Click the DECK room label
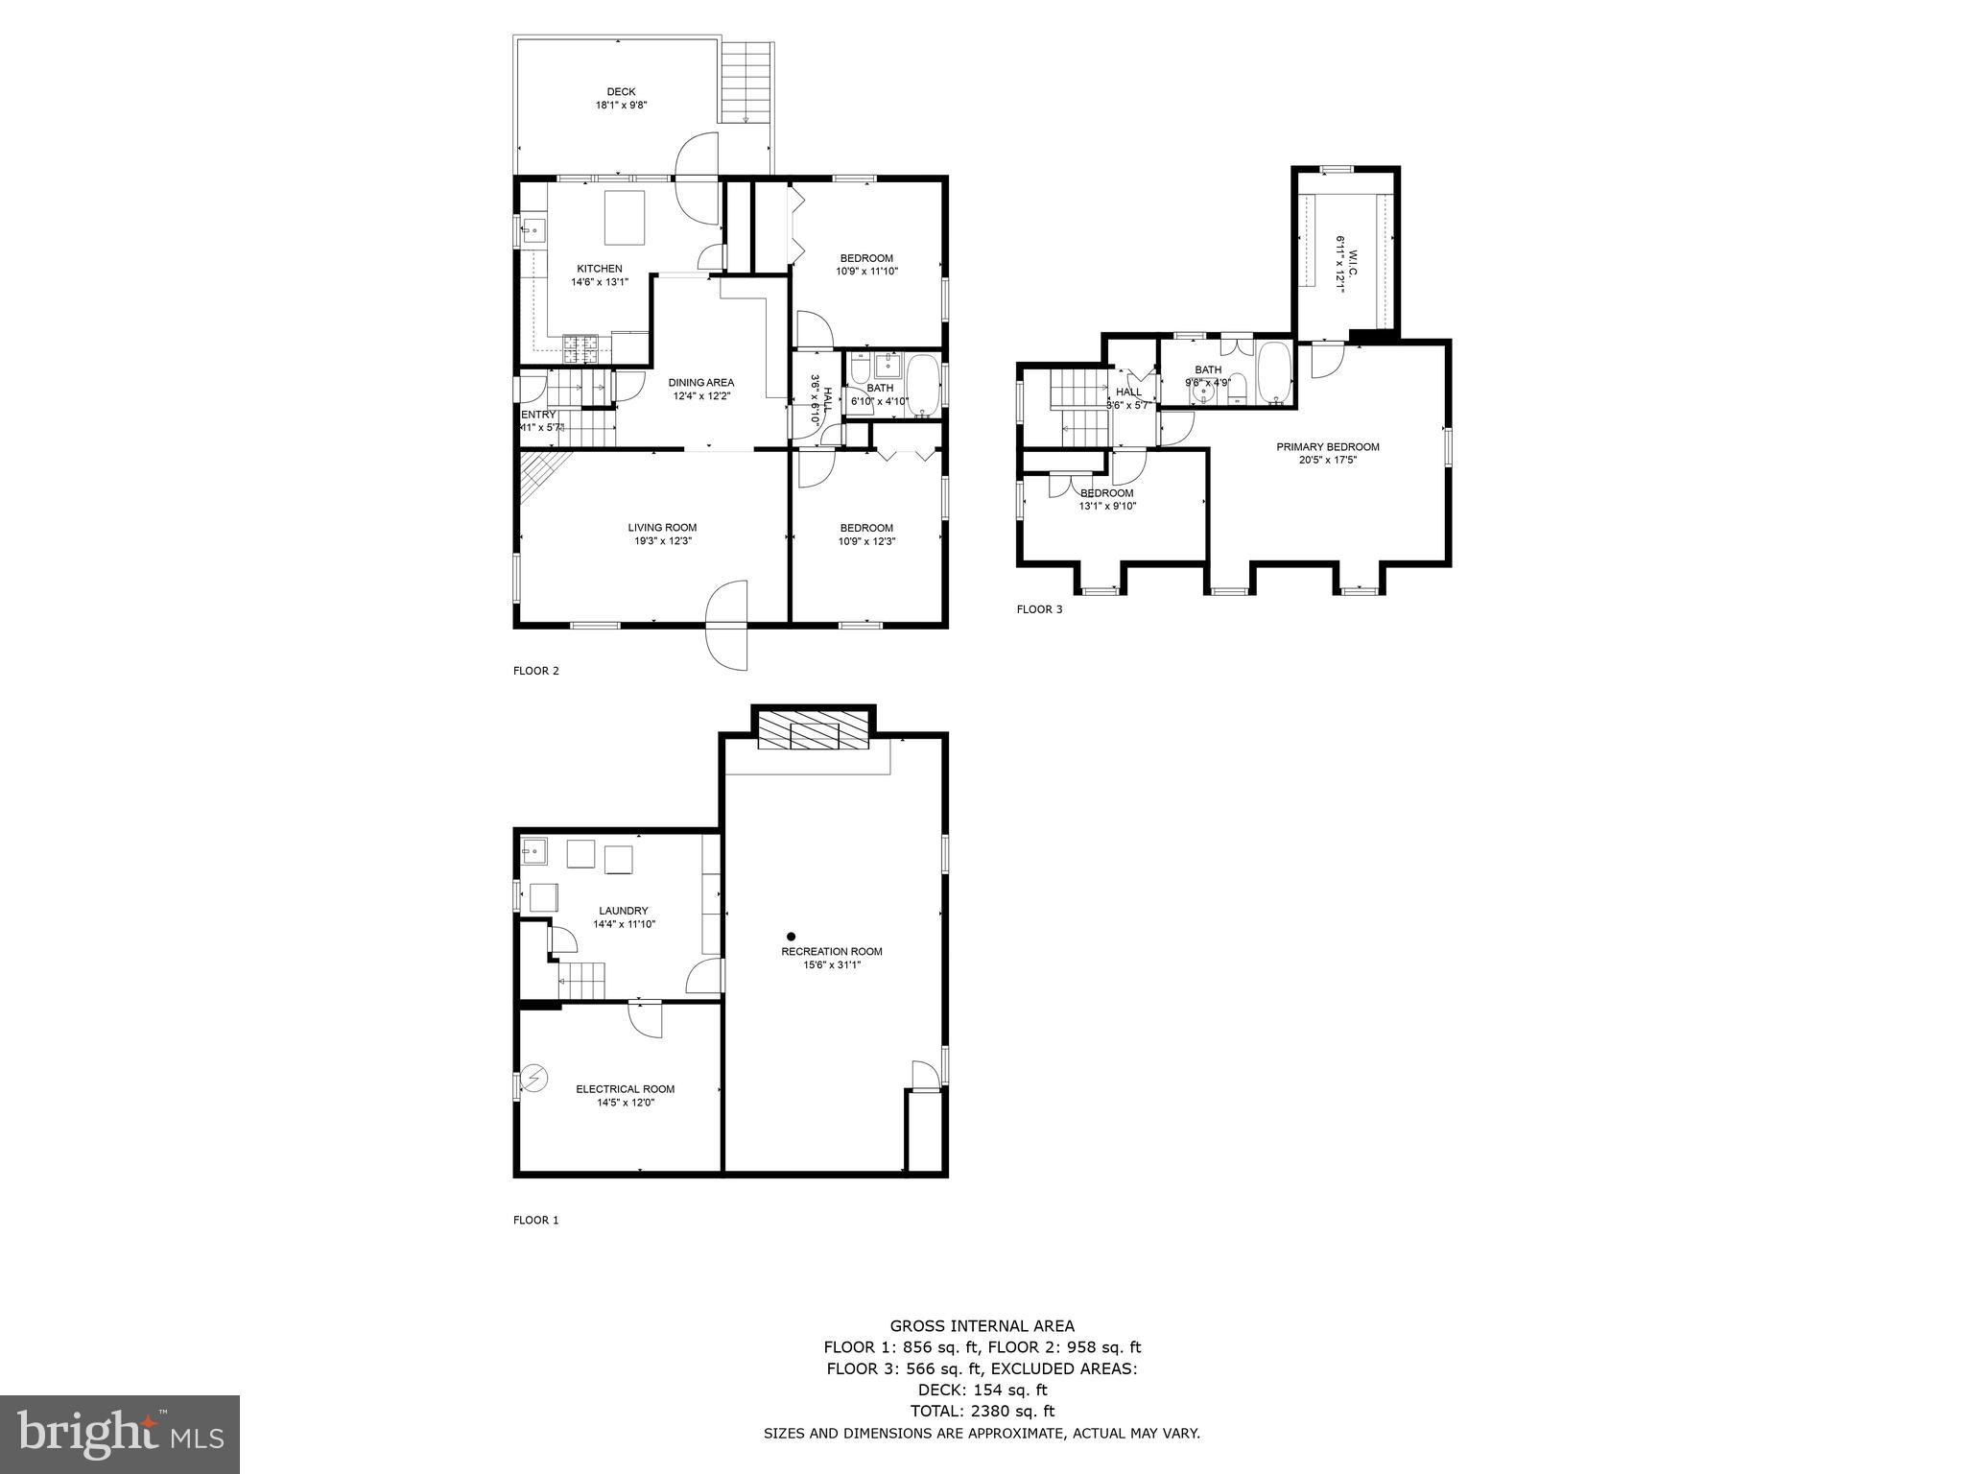pyautogui.click(x=621, y=92)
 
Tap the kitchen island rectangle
pyautogui.click(x=624, y=218)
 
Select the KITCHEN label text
pyautogui.click(x=599, y=269)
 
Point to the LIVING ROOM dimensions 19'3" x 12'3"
pyautogui.click(x=662, y=541)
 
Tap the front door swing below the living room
pyautogui.click(x=726, y=624)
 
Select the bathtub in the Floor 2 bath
pyautogui.click(x=924, y=387)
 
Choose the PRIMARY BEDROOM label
pyautogui.click(x=1327, y=447)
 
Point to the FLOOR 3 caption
pyautogui.click(x=1039, y=609)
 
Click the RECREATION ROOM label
pyautogui.click(x=831, y=952)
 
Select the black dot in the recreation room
pyautogui.click(x=791, y=937)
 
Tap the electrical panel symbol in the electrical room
pyautogui.click(x=534, y=1080)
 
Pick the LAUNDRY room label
pyautogui.click(x=623, y=911)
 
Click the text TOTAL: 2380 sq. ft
pyautogui.click(x=982, y=1412)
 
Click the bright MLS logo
pyautogui.click(x=120, y=1434)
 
